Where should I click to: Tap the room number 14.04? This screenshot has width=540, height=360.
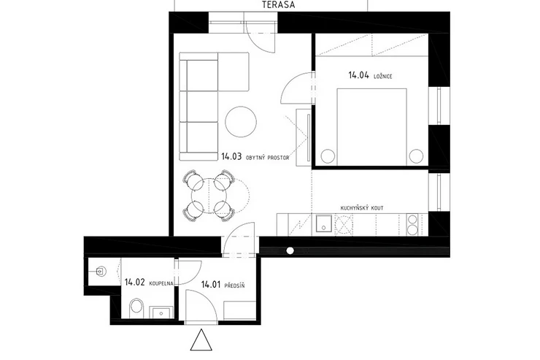pyautogui.click(x=359, y=75)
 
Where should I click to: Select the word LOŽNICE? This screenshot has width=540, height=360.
pyautogui.click(x=383, y=76)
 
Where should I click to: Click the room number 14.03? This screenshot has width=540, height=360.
pyautogui.click(x=231, y=157)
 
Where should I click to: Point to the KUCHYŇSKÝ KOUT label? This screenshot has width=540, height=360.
pyautogui.click(x=362, y=208)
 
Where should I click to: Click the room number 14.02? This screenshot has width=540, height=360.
pyautogui.click(x=134, y=283)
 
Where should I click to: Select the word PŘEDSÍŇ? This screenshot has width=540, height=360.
pyautogui.click(x=234, y=286)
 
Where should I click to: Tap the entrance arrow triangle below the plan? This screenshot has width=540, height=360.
pyautogui.click(x=201, y=340)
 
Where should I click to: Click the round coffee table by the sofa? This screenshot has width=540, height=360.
pyautogui.click(x=241, y=122)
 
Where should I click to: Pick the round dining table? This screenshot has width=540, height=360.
pyautogui.click(x=209, y=195)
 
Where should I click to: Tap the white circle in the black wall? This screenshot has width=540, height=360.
pyautogui.click(x=290, y=250)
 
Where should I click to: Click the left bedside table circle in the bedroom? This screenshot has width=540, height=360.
pyautogui.click(x=328, y=156)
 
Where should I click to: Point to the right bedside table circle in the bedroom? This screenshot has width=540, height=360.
pyautogui.click(x=416, y=156)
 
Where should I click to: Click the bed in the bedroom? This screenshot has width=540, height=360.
pyautogui.click(x=372, y=127)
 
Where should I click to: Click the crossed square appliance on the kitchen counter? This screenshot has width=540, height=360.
pyautogui.click(x=344, y=225)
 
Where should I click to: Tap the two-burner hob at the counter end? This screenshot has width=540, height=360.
pyautogui.click(x=412, y=225)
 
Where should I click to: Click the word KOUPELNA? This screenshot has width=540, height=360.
pyautogui.click(x=161, y=284)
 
